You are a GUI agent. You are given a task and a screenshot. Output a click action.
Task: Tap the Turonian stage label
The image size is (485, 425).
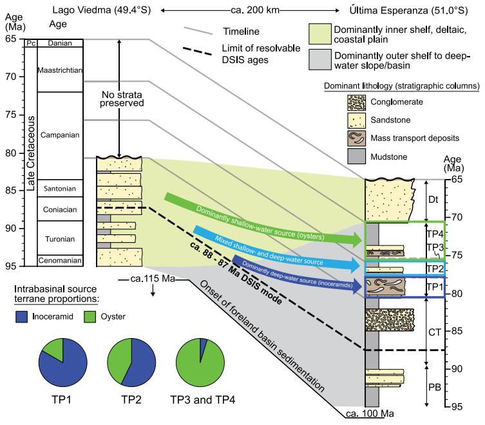point(57,239)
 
